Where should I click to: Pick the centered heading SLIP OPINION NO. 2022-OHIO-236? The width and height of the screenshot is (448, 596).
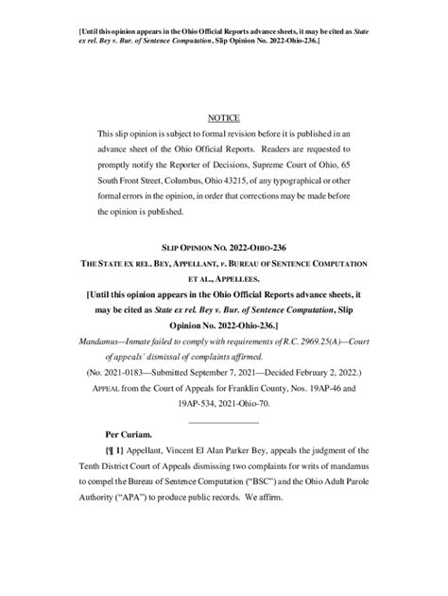[225, 245]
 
